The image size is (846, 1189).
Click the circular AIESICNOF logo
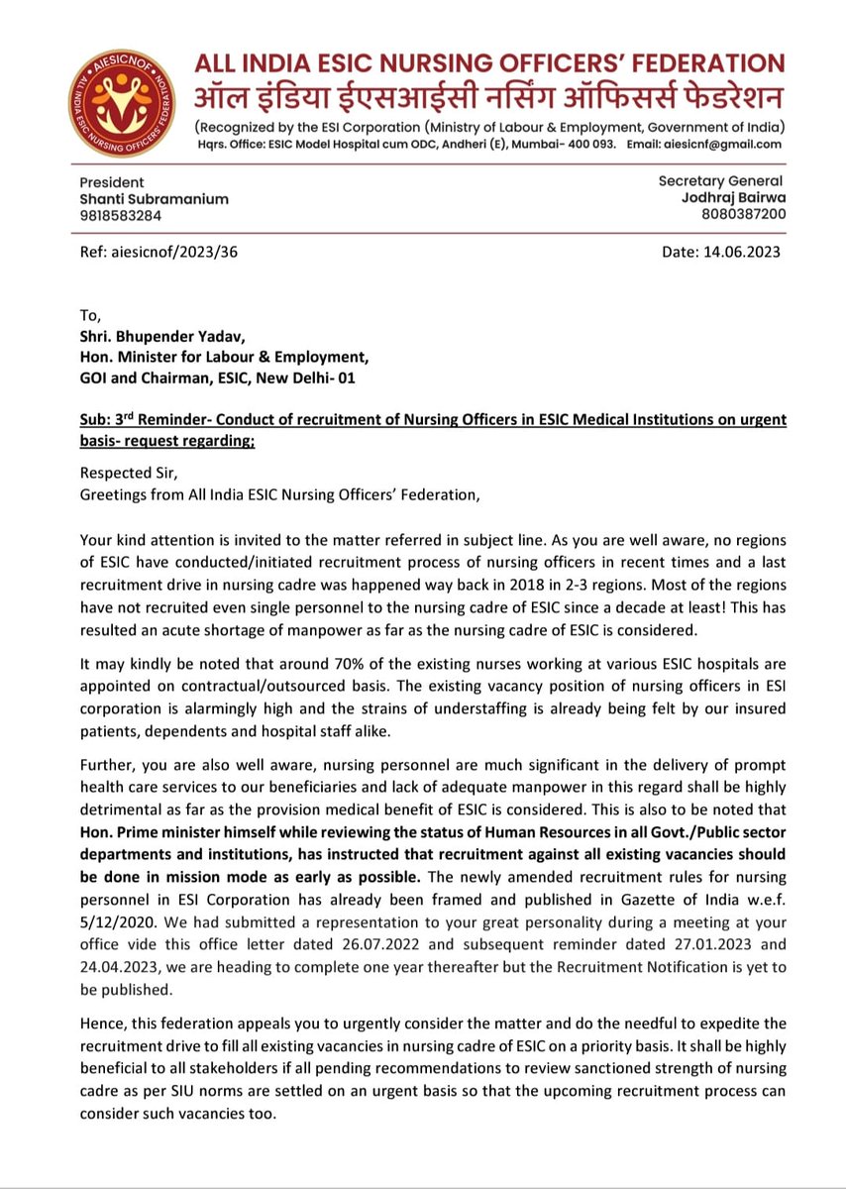pos(120,101)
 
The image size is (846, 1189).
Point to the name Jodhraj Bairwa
pos(735,197)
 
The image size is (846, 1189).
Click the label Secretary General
pos(720,180)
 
